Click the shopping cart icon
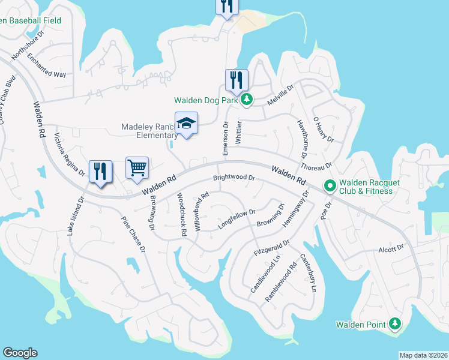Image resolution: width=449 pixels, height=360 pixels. [137, 168]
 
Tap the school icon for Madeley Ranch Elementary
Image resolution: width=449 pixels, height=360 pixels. [186, 123]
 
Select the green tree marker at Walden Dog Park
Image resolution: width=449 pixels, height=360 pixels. [246, 100]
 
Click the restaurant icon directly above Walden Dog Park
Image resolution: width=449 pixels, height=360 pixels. [237, 80]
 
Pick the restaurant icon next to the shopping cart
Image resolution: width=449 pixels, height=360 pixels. [100, 171]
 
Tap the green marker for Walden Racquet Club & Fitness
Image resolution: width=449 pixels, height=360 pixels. [330, 187]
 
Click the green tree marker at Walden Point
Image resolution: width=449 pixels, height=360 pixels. [394, 325]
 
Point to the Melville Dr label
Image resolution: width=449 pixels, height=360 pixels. [280, 95]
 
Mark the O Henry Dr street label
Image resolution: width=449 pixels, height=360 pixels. [323, 129]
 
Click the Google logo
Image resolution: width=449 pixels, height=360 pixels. [20, 353]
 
